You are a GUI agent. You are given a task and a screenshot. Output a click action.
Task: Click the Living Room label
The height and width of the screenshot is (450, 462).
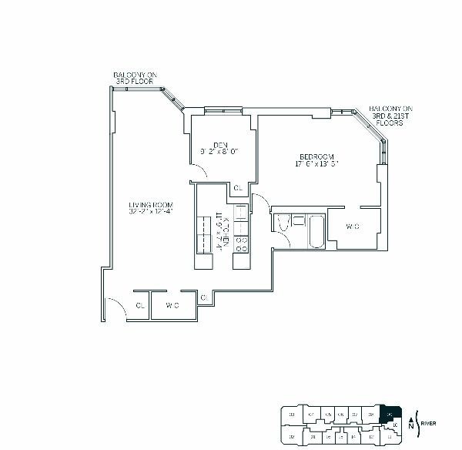coord(150,207)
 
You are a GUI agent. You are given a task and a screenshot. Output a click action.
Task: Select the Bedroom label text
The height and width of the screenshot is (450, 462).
coord(316,160)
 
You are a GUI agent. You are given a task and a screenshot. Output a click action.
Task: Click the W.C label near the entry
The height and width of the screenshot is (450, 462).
coord(172,305)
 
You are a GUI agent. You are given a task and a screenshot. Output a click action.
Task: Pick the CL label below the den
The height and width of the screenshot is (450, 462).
coord(238,188)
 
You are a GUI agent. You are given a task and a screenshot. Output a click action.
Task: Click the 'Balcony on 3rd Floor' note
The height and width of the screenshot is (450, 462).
coord(132,78)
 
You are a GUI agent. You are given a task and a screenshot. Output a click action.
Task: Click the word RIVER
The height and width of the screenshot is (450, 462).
coord(432,422)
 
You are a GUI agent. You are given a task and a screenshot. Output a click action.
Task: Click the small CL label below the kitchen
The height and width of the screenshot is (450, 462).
coord(204,297)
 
